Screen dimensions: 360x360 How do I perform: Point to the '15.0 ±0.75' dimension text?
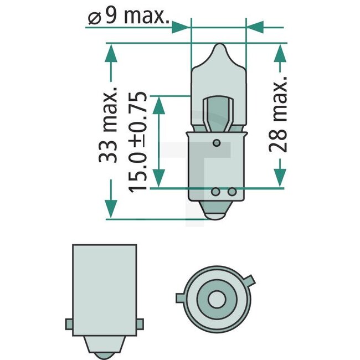pos(138,142)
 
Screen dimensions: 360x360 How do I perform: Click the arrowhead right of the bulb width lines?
pos(255,25)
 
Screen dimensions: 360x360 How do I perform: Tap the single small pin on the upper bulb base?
pos(218,144)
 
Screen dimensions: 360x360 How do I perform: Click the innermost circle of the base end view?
pos(216,299)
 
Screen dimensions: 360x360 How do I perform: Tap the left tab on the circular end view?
pos(180,298)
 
